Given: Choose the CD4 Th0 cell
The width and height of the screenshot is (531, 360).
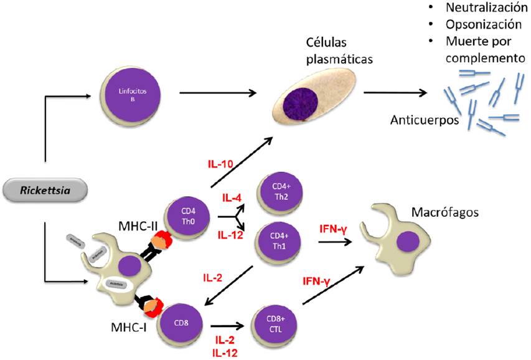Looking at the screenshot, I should click(188, 219).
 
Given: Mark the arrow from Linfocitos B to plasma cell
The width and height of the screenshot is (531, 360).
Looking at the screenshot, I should click(218, 94).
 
